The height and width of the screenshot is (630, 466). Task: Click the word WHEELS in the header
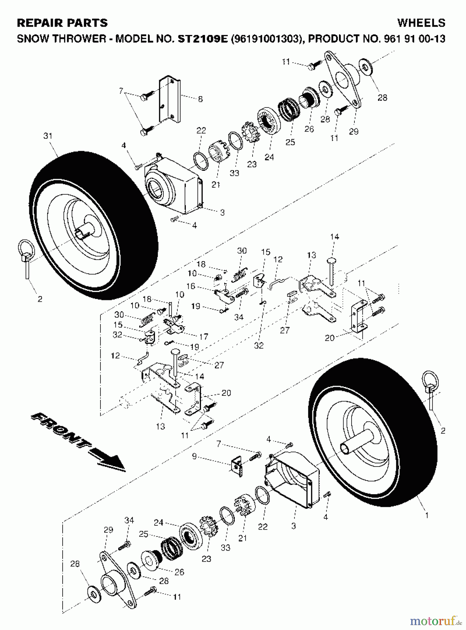click(x=421, y=23)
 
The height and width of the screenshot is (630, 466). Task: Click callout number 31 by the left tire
click(x=48, y=136)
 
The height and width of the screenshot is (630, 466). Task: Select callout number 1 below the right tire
click(x=426, y=515)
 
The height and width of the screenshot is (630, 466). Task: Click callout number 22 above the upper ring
click(x=201, y=131)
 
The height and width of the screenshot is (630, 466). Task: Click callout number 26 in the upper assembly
click(x=309, y=129)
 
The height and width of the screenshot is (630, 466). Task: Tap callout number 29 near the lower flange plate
click(x=108, y=530)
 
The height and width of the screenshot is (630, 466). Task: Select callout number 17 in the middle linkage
click(x=204, y=337)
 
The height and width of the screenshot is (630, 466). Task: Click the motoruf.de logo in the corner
click(x=436, y=621)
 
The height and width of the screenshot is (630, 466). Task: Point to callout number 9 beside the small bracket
click(x=195, y=456)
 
